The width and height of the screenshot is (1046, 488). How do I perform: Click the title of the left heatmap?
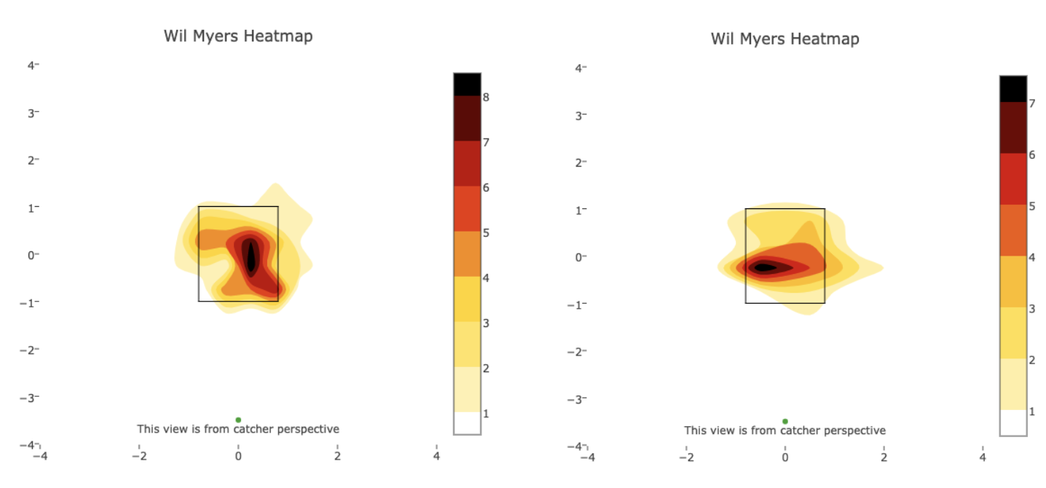(x=238, y=36)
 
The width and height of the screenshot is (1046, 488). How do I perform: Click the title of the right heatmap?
(x=784, y=39)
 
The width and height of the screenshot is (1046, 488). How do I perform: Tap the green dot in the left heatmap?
(x=238, y=420)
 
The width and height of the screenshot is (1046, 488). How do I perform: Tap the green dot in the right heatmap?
(x=784, y=421)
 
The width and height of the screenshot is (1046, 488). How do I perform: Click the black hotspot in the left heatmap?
(x=251, y=256)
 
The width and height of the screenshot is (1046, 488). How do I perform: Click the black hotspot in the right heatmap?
(x=763, y=267)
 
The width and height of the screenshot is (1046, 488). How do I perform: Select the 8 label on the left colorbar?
(x=486, y=97)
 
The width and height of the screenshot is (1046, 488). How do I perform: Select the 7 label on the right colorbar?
(x=1031, y=104)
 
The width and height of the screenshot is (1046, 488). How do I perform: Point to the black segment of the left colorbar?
(x=467, y=84)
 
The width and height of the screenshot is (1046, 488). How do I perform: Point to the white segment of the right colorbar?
(x=1013, y=422)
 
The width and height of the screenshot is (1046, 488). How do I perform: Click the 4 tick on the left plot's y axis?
(x=32, y=66)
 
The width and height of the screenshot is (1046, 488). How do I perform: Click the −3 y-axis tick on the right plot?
(x=575, y=399)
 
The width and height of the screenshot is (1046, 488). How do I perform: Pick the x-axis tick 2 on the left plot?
(x=337, y=457)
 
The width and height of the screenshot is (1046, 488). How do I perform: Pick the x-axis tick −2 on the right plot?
(x=685, y=458)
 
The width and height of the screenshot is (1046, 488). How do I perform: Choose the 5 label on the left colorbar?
(x=486, y=233)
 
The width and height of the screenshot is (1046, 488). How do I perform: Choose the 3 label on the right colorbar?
(x=1031, y=309)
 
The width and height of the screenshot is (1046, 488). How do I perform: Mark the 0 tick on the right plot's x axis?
(x=784, y=458)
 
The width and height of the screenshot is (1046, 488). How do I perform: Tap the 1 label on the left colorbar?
(x=486, y=414)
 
